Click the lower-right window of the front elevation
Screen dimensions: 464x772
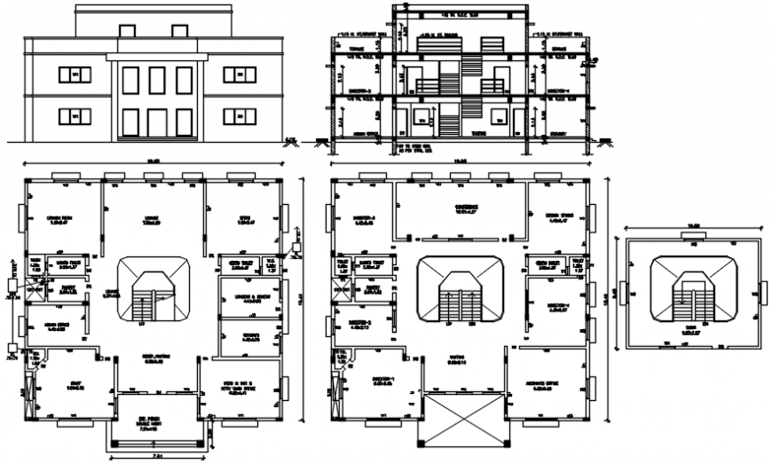(239, 115)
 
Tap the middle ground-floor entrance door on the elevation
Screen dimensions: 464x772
(158, 122)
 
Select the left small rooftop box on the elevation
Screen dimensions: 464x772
(127, 32)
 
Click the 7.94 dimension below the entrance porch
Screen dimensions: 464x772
(158, 455)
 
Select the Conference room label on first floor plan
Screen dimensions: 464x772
(467, 208)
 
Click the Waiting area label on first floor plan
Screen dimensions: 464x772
(458, 360)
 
